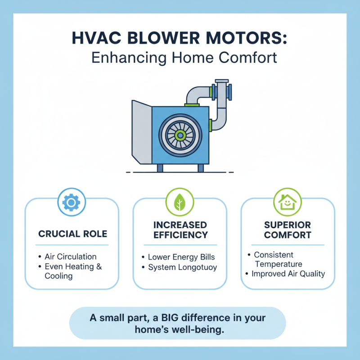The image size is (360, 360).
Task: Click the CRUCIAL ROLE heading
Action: coord(72,234)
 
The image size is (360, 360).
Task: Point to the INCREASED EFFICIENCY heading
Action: coord(180,229)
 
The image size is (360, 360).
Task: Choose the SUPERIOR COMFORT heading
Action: coord(288,229)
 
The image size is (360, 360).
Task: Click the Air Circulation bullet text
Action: coord(71,256)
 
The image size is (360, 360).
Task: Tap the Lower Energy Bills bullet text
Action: coord(182,257)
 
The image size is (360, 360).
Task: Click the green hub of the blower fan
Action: coord(180,135)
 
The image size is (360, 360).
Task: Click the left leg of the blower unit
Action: coord(160,168)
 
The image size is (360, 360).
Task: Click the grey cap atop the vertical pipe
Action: coord(222,81)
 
